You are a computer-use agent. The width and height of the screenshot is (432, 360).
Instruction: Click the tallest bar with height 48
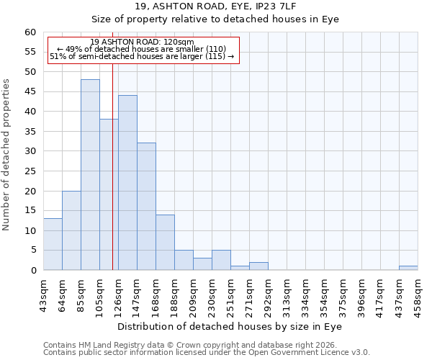pyautogui.click(x=90, y=175)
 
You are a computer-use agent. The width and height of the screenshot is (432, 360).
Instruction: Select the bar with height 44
pyautogui.click(x=127, y=183)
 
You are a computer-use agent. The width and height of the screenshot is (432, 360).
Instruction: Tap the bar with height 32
pyautogui.click(x=146, y=207)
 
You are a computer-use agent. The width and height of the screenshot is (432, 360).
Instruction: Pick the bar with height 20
pyautogui.click(x=71, y=230)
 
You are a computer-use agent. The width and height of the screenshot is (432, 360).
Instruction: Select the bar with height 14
pyautogui.click(x=165, y=243)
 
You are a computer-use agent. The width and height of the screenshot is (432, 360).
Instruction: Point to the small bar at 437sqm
pyautogui.click(x=408, y=268)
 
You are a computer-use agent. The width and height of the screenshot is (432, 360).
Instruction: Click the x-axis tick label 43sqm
pyautogui.click(x=43, y=293)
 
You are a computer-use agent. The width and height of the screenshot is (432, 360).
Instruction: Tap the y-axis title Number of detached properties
pyautogui.click(x=6, y=155)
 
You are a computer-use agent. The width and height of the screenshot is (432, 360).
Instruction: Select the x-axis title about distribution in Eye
pyautogui.click(x=229, y=326)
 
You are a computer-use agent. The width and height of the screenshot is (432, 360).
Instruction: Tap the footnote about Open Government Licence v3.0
pyautogui.click(x=206, y=353)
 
